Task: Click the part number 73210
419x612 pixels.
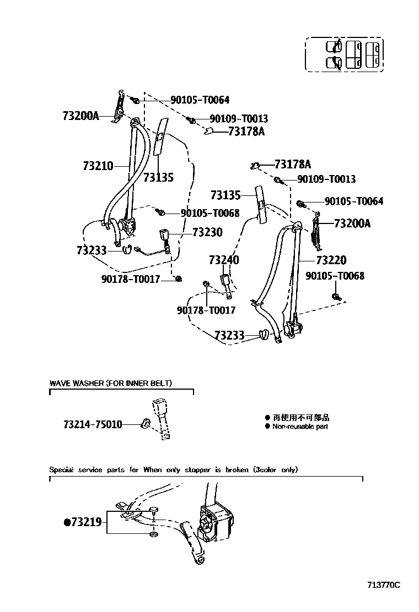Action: [98, 165]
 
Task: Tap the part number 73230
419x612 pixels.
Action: [207, 232]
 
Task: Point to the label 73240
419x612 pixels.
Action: [224, 260]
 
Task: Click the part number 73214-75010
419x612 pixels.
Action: [93, 424]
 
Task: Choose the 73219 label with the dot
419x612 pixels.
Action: [83, 522]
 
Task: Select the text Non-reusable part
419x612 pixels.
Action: [300, 427]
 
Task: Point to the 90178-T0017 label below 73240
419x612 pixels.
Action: [206, 310]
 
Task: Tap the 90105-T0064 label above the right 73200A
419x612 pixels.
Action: [353, 201]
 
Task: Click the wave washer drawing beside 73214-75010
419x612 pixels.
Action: [146, 423]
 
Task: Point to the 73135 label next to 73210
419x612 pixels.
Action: [158, 177]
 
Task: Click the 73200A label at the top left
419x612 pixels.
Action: [80, 116]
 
